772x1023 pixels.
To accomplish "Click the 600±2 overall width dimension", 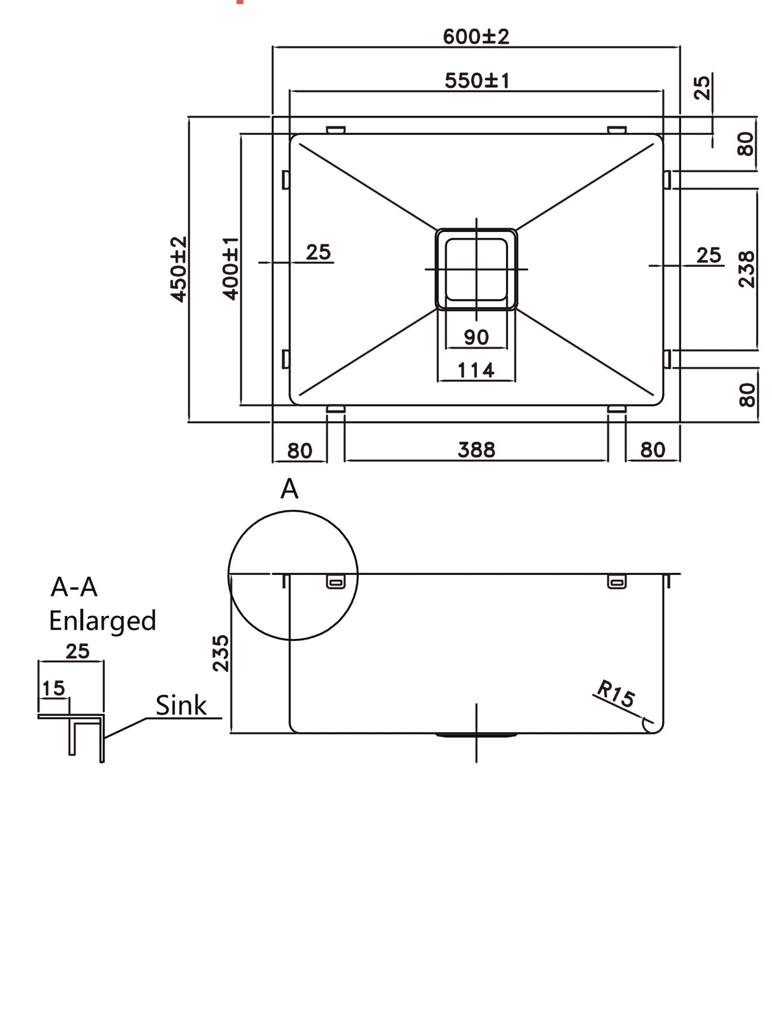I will point(476,36).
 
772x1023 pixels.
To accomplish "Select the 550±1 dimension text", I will point(476,81).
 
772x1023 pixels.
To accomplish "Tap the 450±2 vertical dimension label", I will point(179,268).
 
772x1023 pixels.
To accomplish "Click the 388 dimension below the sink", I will point(476,450).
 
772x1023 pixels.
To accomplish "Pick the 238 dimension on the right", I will point(747,269).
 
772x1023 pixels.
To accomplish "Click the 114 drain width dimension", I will point(476,369).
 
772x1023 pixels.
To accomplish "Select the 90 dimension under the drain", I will point(476,337).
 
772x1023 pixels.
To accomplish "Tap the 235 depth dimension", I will point(220,653).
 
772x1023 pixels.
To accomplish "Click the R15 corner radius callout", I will point(615,694).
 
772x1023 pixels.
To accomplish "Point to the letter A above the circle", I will point(289,489).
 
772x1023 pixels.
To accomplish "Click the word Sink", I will point(181,705).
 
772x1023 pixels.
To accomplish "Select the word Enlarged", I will point(102,621).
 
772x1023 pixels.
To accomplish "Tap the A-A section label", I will point(74,587).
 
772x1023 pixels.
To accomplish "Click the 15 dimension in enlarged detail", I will point(53,688).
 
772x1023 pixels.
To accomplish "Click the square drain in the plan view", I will point(476,269).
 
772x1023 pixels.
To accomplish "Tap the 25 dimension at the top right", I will point(701,87).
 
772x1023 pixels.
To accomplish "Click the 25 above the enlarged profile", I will point(78,651).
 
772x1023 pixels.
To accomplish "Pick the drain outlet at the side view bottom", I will point(476,736).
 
